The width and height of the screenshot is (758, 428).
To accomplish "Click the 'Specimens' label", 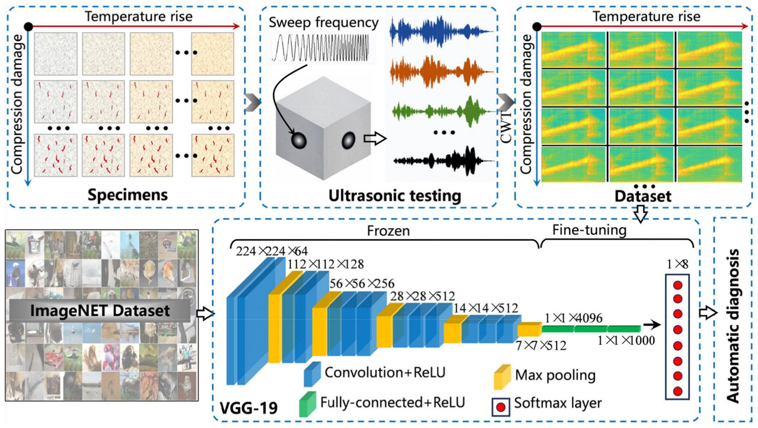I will [x=127, y=195].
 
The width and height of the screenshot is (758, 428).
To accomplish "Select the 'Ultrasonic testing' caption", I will [x=394, y=196].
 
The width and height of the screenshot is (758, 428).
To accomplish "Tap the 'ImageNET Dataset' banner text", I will [x=100, y=311].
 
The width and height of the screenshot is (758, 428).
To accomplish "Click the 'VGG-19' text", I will [x=248, y=407].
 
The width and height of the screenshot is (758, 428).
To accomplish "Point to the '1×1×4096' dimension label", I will [x=573, y=318].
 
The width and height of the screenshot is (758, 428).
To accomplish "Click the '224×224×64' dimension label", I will [x=272, y=251].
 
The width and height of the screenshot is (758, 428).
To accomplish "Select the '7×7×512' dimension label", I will [x=541, y=345].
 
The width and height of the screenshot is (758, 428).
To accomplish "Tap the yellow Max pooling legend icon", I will [x=502, y=376].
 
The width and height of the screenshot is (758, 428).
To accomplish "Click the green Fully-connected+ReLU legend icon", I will [x=307, y=404].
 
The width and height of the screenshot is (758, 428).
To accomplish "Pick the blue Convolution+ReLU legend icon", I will [x=312, y=374].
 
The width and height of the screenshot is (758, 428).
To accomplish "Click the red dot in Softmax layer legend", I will [x=501, y=407].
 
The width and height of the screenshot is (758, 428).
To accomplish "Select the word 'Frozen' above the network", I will [x=388, y=231].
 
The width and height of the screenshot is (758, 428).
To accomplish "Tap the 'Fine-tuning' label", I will [x=589, y=230].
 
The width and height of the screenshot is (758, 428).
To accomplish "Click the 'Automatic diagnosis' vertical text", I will [x=732, y=325].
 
